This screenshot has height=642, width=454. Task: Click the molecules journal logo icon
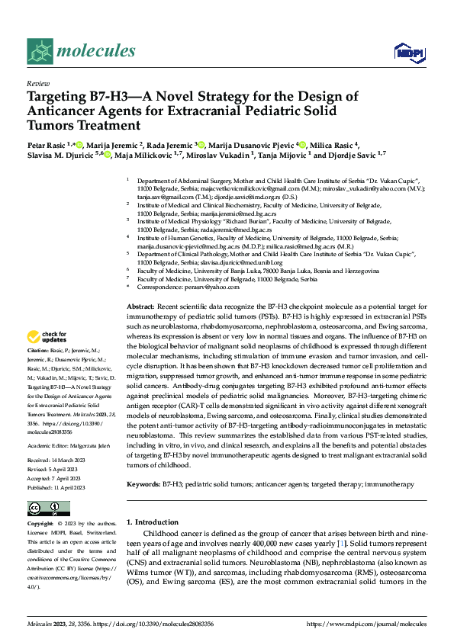(x=40, y=50)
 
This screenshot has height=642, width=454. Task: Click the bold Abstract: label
(x=142, y=305)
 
